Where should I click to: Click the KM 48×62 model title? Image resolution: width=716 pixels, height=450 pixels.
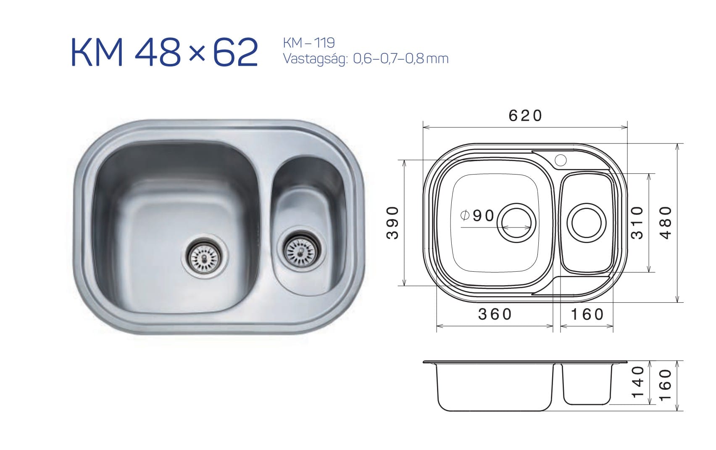point(164,52)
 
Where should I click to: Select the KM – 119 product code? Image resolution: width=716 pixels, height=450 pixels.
point(309,43)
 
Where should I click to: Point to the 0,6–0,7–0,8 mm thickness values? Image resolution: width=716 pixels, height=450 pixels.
point(401,59)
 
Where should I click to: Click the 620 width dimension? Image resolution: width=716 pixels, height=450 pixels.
point(526,116)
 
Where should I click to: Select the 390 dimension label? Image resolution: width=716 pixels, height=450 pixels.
point(392,222)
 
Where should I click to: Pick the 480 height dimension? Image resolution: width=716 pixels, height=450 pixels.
point(666,222)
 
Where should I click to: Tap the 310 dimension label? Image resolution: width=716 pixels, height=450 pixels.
point(637,222)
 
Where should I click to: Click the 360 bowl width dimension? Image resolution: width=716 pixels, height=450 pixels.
point(495,314)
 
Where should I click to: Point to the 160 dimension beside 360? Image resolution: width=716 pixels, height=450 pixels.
point(587,315)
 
